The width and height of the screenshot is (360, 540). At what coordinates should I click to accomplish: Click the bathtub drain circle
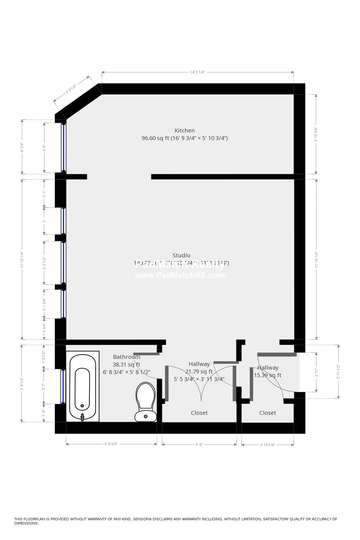(x=82, y=406)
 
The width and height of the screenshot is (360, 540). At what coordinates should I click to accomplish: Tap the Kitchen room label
(x=184, y=130)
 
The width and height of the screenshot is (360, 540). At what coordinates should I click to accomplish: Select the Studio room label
(x=181, y=255)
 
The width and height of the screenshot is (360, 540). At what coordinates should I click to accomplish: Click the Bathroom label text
(x=127, y=357)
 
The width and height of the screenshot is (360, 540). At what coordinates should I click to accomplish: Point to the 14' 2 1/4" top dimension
(x=197, y=72)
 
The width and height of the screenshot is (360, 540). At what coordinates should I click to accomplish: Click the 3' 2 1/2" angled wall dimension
(x=71, y=88)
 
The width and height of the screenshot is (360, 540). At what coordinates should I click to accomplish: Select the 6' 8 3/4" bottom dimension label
(x=111, y=444)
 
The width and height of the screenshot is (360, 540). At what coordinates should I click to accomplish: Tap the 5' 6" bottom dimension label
(x=199, y=445)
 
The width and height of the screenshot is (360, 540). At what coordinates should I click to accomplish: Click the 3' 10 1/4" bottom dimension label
(x=267, y=445)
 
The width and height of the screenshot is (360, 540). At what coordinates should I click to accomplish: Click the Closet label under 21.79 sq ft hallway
(x=199, y=413)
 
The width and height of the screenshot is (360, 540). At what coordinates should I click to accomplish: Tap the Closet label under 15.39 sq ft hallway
(x=267, y=413)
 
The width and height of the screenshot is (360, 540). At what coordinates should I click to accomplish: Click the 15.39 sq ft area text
(x=267, y=375)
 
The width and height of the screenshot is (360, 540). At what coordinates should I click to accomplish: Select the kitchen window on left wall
(x=64, y=148)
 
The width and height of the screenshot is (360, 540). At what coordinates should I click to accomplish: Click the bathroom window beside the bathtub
(x=63, y=386)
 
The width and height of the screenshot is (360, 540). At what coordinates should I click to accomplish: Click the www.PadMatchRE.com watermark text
(x=180, y=275)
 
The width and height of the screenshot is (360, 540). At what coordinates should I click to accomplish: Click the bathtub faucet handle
(x=82, y=417)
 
